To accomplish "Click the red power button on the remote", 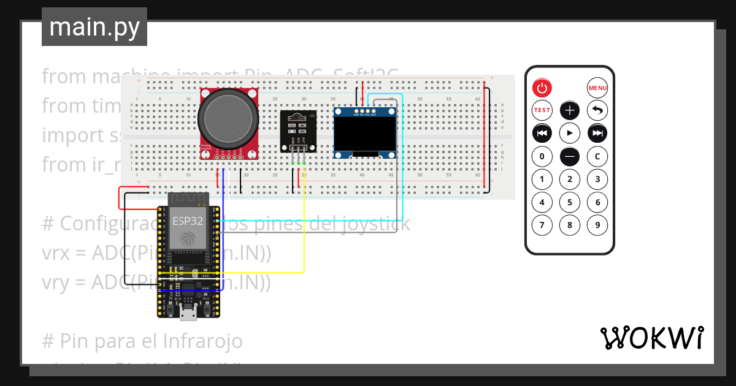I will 542,88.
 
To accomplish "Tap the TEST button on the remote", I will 542,111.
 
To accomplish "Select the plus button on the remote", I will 570,111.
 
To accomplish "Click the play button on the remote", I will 570,133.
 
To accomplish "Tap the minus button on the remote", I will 570,157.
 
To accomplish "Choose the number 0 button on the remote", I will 542,157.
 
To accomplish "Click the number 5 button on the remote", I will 570,202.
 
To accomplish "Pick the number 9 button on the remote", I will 597,225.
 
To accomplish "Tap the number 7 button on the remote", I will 542,225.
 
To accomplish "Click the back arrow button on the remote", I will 597,111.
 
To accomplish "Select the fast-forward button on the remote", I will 597,133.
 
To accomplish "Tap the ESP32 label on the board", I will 188,221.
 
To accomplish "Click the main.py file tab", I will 94,27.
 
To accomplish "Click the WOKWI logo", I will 651,338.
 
